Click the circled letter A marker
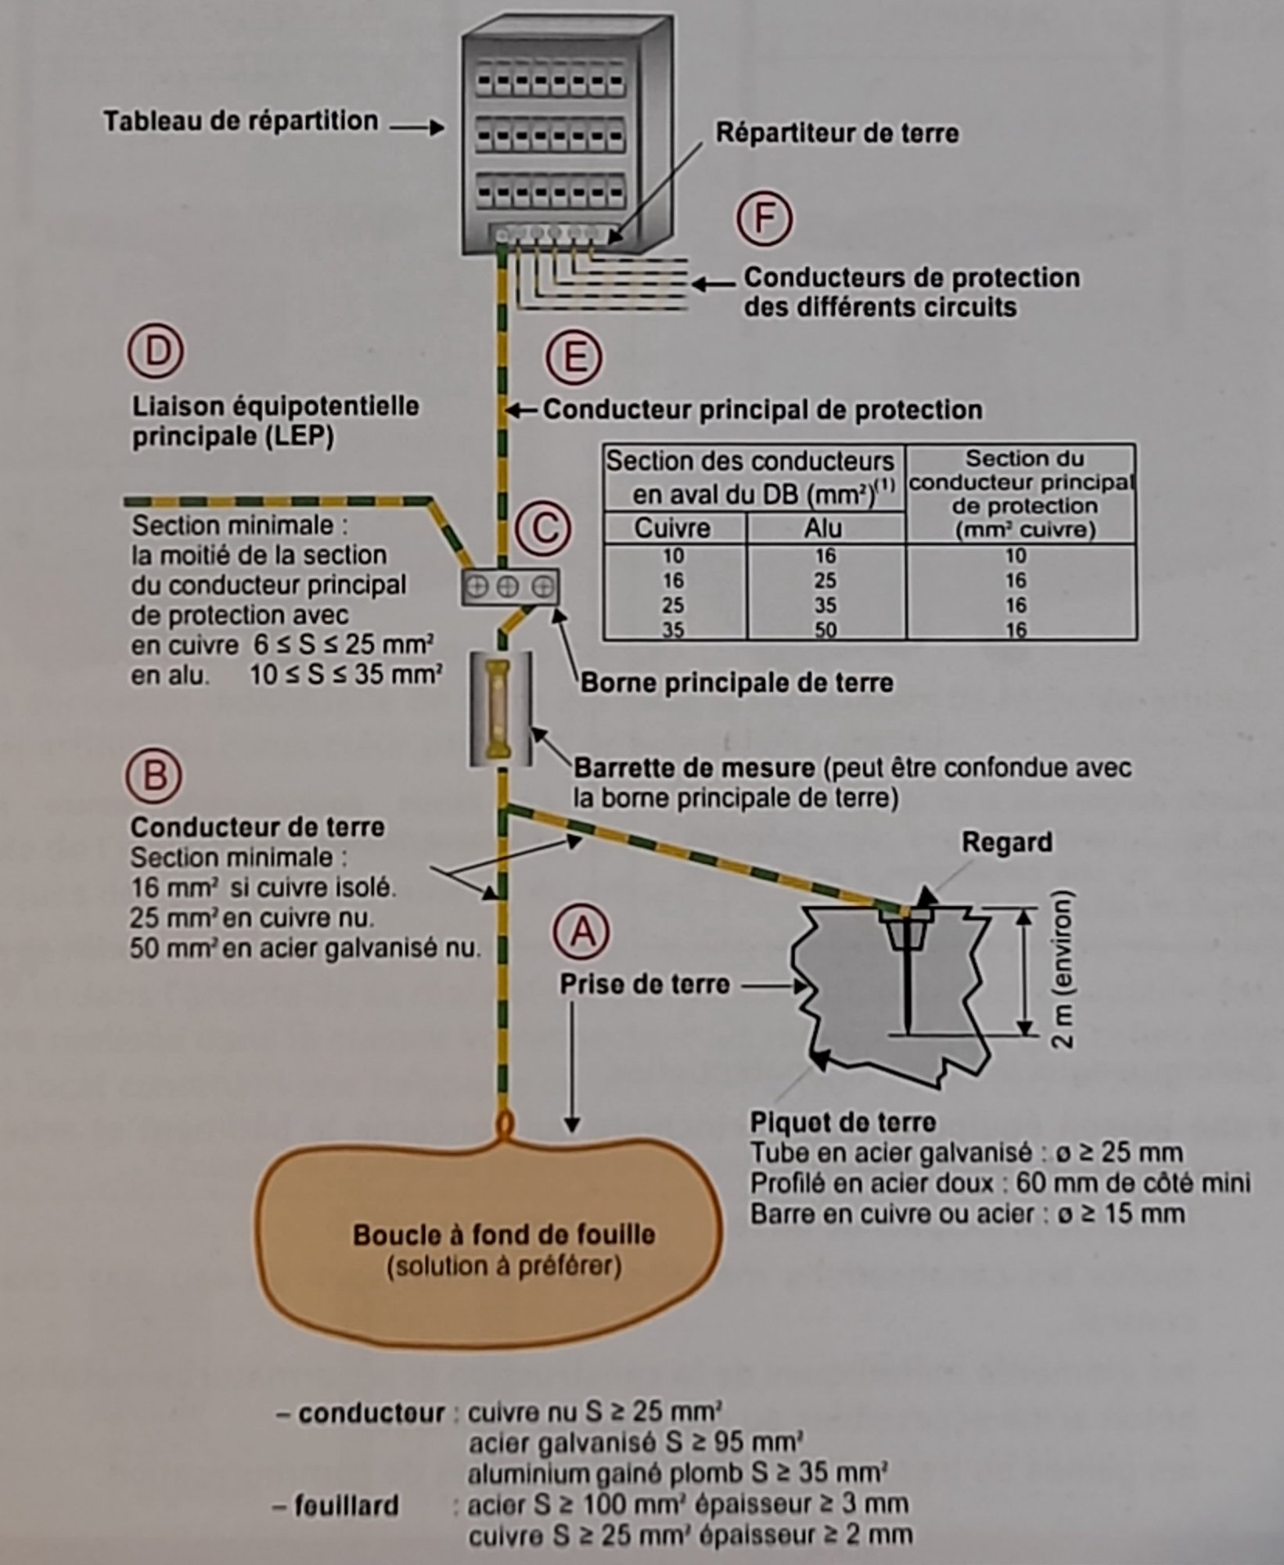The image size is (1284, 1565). click(581, 930)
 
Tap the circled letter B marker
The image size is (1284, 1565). click(154, 775)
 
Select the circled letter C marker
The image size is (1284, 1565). click(543, 528)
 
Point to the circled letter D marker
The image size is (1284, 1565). click(156, 351)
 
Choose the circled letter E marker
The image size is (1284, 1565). click(574, 358)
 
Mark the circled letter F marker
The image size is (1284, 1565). click(763, 218)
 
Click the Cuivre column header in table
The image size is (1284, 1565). click(672, 528)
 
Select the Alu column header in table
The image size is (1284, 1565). click(823, 528)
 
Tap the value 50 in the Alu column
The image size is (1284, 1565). click(825, 630)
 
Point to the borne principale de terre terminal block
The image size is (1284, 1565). click(509, 587)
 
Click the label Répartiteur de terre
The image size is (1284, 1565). click(837, 133)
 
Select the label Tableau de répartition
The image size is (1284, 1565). click(241, 121)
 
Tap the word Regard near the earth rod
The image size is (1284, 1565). click(1006, 843)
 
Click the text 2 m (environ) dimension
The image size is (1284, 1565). click(1063, 970)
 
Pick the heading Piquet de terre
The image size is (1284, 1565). click(843, 1123)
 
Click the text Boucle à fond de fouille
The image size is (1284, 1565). click(504, 1235)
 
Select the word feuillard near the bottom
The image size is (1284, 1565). click(346, 1505)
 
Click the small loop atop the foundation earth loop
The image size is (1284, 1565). click(505, 1123)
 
